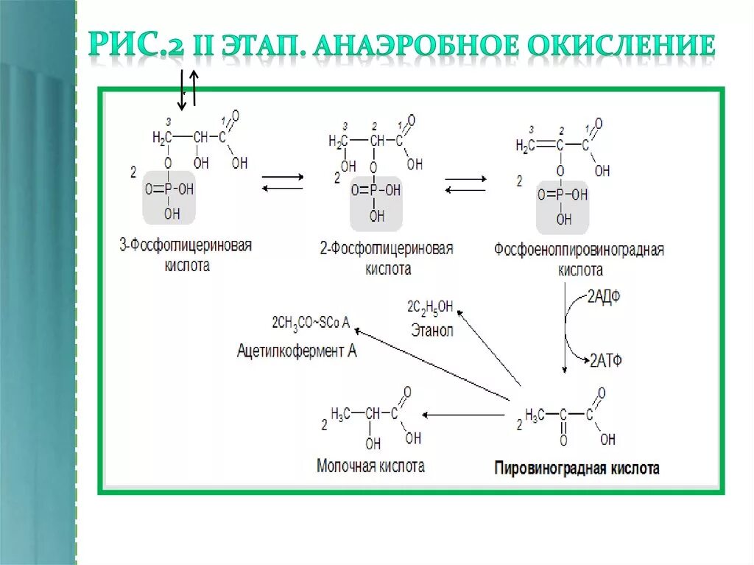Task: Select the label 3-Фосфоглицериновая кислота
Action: pyautogui.click(x=186, y=254)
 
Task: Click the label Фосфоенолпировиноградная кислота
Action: pyautogui.click(x=579, y=259)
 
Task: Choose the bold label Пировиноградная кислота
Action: pyautogui.click(x=577, y=468)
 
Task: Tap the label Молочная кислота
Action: pyautogui.click(x=370, y=466)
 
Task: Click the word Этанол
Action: pyautogui.click(x=432, y=331)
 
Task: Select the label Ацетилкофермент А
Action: pyautogui.click(x=297, y=351)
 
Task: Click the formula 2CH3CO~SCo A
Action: pyautogui.click(x=311, y=322)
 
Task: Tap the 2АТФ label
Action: pyautogui.click(x=606, y=360)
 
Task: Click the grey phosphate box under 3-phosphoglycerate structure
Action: pyautogui.click(x=169, y=197)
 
